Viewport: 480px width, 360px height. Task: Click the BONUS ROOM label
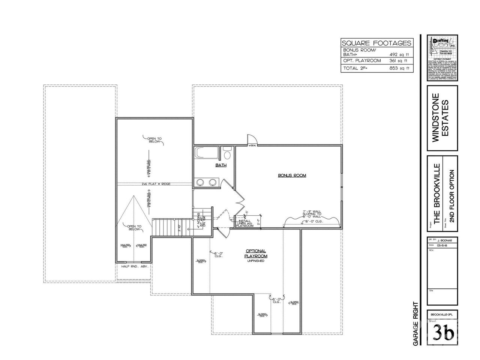(x=292, y=175)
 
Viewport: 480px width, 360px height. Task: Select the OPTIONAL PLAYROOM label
(x=256, y=253)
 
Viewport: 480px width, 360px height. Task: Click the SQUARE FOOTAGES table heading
(x=377, y=43)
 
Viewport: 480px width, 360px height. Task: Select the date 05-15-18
(x=445, y=245)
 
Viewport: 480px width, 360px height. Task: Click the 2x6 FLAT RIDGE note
(x=156, y=184)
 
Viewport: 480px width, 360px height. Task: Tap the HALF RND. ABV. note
(x=135, y=266)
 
